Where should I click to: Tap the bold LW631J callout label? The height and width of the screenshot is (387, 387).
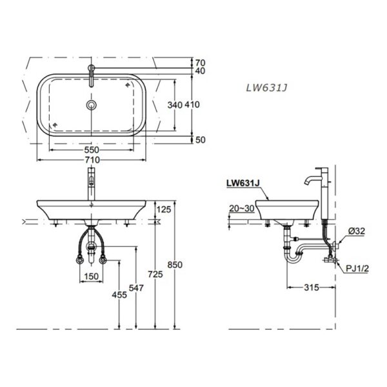coord(243,183)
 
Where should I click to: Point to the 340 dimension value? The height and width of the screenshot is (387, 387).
coord(176,105)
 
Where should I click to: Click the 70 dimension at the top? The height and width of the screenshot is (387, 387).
coord(199,63)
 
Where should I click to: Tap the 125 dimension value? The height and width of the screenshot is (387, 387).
coord(163,209)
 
